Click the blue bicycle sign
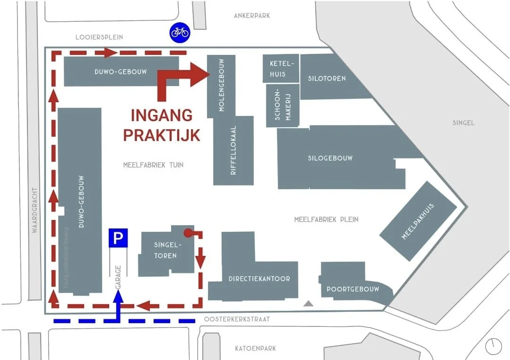point(180,32)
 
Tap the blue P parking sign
point(118,237)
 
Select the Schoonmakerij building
point(283,105)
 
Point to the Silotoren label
point(327,79)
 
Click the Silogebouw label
point(330,158)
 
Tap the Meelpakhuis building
point(418,221)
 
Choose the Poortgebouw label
point(353,289)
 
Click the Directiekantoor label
point(259,279)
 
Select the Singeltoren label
point(165,250)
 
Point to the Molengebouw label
point(221,86)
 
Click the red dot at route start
point(188,233)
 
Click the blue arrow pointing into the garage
point(118,297)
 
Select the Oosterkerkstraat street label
point(237,319)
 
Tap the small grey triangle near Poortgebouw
point(308,304)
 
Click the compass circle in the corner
point(493,346)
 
